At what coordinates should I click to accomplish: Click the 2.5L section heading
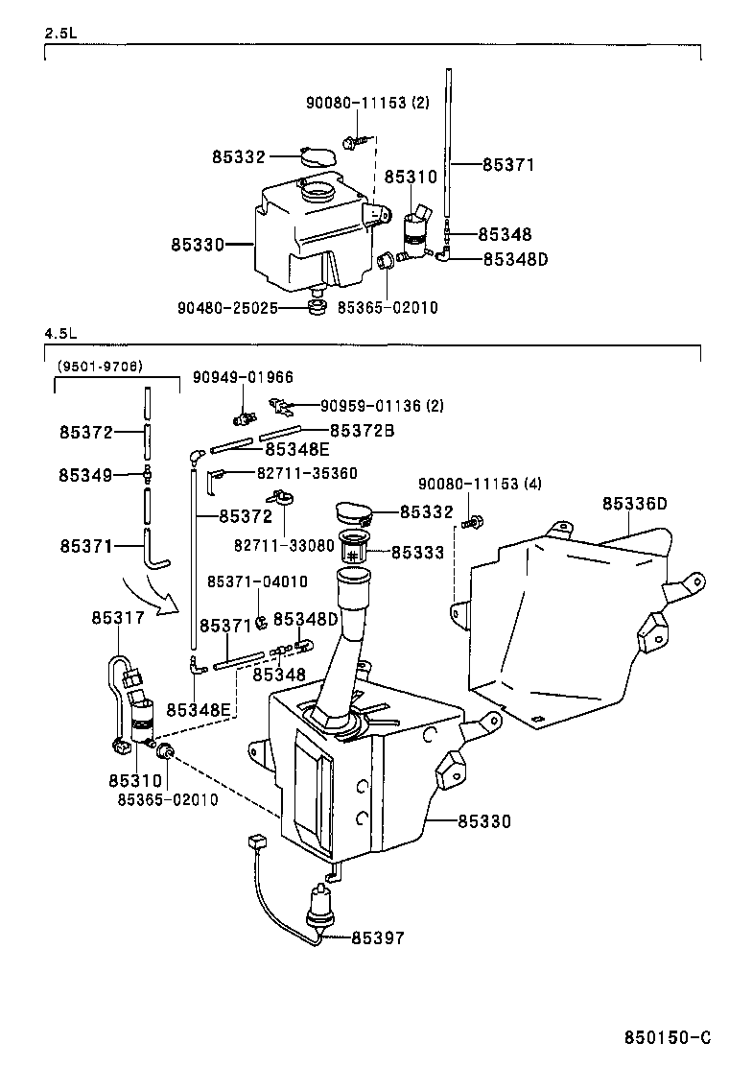(59, 33)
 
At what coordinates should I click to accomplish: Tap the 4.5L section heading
(60, 334)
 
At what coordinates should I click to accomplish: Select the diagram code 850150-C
(667, 1037)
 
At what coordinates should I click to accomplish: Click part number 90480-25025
(228, 308)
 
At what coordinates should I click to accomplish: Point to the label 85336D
(634, 505)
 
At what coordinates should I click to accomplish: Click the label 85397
(378, 938)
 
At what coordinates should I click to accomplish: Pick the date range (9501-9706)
(100, 367)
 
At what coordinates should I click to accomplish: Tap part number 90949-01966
(243, 377)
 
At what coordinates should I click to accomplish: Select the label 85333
(417, 553)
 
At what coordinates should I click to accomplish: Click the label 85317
(118, 618)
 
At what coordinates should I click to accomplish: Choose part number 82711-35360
(307, 473)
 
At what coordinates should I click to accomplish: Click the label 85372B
(363, 431)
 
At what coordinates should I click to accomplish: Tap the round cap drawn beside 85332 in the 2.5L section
(317, 156)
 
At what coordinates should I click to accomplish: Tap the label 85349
(85, 475)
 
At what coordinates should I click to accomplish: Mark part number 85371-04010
(257, 581)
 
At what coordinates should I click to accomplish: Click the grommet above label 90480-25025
(316, 305)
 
